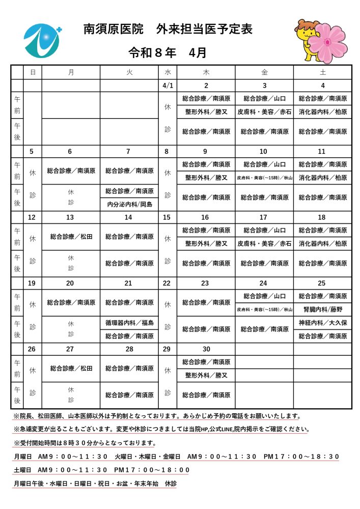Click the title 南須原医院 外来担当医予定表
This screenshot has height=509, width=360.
click(x=168, y=30)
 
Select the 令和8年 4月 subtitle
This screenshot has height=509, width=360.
click(x=168, y=52)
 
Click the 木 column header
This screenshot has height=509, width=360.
click(x=206, y=72)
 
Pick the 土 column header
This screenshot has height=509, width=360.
click(x=323, y=72)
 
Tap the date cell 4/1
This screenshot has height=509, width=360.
click(x=168, y=86)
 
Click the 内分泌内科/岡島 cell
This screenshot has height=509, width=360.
click(x=129, y=205)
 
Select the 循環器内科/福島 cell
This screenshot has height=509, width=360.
click(x=129, y=322)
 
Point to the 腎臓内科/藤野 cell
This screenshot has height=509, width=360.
click(x=323, y=309)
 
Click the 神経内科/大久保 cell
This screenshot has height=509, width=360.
click(x=323, y=322)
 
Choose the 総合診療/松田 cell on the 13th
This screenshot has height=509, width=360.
click(x=71, y=237)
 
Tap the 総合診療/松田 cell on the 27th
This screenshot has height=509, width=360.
click(x=71, y=368)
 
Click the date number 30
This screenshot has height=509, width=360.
click(x=206, y=349)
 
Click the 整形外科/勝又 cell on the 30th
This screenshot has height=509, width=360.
click(x=206, y=375)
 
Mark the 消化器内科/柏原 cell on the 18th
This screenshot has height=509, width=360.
click(x=323, y=244)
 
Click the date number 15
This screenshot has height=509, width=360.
click(x=168, y=217)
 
